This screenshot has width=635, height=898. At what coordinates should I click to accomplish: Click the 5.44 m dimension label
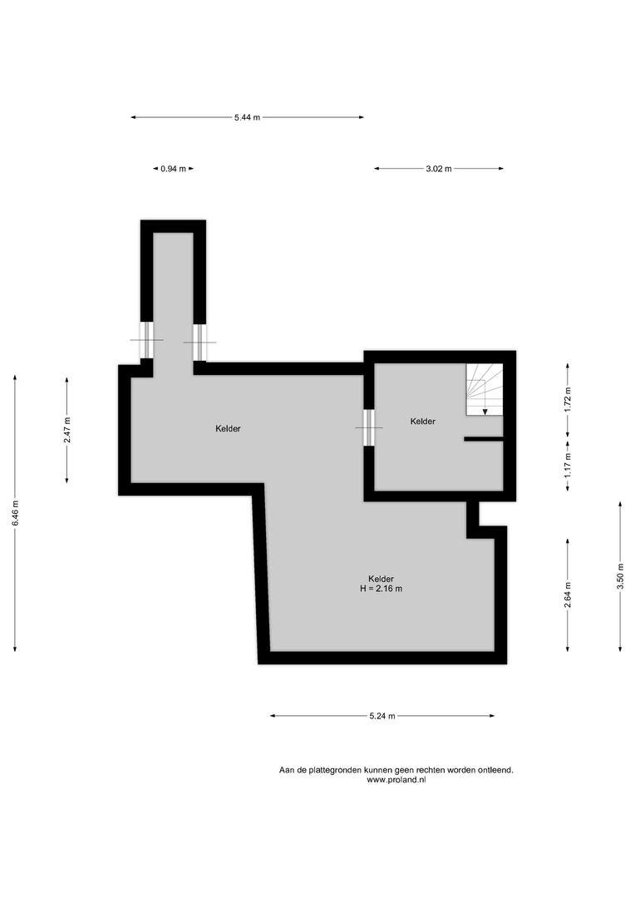click(247, 117)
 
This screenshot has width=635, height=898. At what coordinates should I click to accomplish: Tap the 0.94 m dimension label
click(173, 169)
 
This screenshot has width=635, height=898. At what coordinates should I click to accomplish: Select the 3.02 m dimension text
click(439, 169)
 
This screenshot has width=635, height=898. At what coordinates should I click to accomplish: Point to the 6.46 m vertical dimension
click(16, 513)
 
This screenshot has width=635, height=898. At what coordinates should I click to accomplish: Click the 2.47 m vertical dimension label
click(67, 430)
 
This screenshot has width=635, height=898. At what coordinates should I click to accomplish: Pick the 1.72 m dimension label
click(568, 400)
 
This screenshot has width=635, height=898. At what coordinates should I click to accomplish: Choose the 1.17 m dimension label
click(568, 466)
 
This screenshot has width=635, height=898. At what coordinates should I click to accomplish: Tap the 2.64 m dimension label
click(568, 595)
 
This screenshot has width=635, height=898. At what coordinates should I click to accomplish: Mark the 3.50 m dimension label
click(620, 577)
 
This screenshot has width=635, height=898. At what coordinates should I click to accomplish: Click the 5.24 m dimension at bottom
click(382, 716)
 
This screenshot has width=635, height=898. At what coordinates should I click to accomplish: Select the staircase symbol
click(485, 389)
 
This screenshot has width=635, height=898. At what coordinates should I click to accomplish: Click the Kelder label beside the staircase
click(422, 422)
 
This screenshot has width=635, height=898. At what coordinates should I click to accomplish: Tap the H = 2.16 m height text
click(381, 589)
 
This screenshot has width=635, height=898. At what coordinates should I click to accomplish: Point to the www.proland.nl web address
click(396, 779)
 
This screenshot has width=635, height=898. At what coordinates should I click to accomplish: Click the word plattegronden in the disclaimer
click(332, 770)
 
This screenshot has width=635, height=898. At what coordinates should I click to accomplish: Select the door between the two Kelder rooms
click(369, 427)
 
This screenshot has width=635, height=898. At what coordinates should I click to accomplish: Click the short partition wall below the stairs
click(483, 439)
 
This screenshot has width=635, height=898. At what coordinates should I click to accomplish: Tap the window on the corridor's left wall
click(146, 340)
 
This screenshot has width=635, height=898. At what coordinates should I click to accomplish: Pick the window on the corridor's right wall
click(199, 343)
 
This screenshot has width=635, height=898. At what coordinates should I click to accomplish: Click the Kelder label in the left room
click(228, 428)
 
